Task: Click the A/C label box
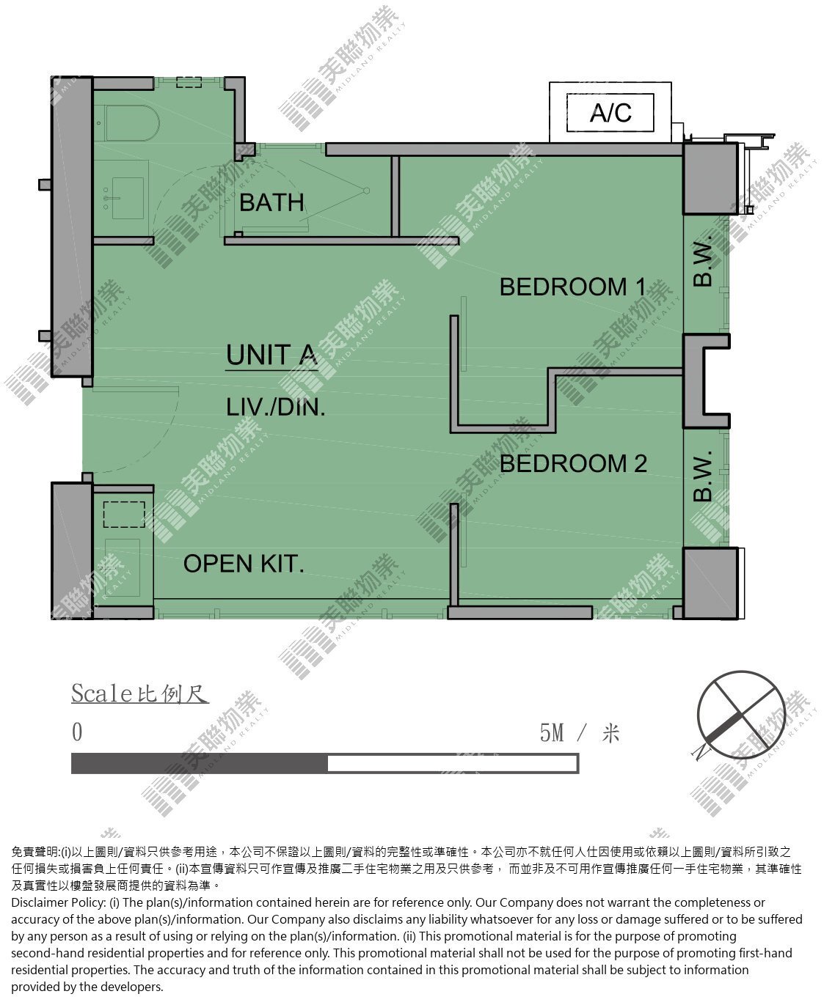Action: click(x=610, y=112)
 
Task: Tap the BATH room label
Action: click(x=271, y=202)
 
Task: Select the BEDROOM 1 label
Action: click(x=572, y=287)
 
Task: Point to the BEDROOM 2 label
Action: click(x=573, y=464)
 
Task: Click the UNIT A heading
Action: click(x=271, y=355)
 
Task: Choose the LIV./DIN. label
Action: click(x=276, y=408)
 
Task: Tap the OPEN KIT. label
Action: click(x=244, y=564)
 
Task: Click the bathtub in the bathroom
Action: click(x=126, y=123)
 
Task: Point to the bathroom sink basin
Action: click(x=128, y=198)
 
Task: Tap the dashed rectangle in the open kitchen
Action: click(x=124, y=515)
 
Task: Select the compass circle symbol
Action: click(x=740, y=715)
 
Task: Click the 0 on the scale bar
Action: click(x=77, y=732)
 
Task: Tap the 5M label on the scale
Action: click(x=552, y=732)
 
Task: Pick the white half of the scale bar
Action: click(x=453, y=763)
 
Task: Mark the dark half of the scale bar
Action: click(x=200, y=763)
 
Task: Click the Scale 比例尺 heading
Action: click(x=140, y=693)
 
